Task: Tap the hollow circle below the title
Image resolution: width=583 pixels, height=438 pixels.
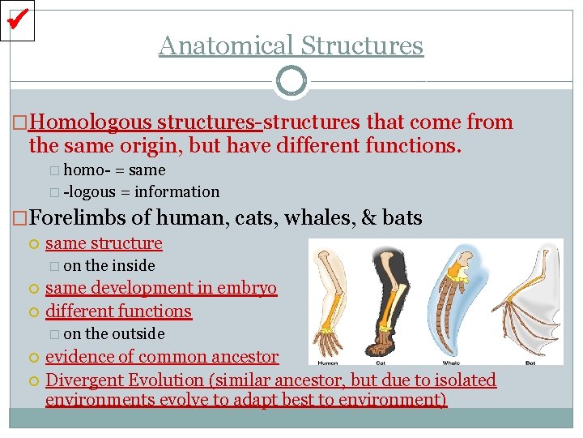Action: pos(291,81)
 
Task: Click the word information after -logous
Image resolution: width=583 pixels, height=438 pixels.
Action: pos(177,192)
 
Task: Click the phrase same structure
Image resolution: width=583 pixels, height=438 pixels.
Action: pos(104,243)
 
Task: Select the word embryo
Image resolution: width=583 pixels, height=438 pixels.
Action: pos(251,288)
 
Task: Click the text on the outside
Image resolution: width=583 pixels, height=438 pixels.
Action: pos(113,333)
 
